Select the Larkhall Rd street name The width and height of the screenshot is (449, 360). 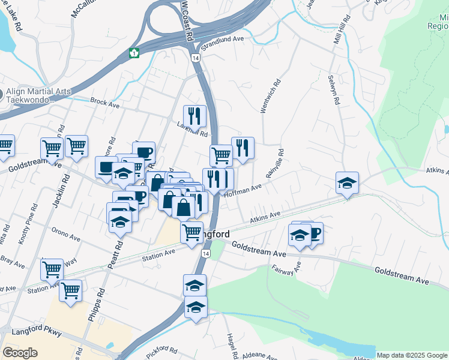[x=192, y=130]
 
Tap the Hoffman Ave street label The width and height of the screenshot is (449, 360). [x=243, y=191]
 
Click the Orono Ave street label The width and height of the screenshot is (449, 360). [x=65, y=236]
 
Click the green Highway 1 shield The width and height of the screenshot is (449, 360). [x=134, y=53]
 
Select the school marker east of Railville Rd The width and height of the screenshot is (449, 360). [x=347, y=182]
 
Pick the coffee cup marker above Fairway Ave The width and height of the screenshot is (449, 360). [x=312, y=232]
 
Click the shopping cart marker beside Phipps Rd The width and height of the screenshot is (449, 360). [x=71, y=292]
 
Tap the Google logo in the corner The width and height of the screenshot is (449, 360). [x=20, y=353]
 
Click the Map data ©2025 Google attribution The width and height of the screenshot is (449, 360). [x=411, y=355]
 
